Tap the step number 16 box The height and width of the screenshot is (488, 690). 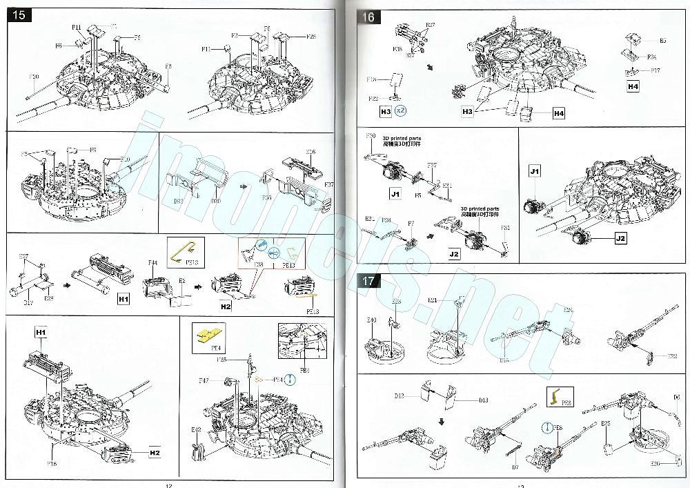click(368, 16)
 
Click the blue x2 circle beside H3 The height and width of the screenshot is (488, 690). click(402, 110)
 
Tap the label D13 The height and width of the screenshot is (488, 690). click(483, 400)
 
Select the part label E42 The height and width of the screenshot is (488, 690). click(196, 429)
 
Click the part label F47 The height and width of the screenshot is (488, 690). click(204, 381)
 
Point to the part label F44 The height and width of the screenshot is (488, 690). click(152, 263)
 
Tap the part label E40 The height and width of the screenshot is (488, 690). click(371, 320)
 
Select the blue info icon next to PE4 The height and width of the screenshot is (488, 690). click(290, 378)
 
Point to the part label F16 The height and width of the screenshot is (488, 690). click(52, 464)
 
